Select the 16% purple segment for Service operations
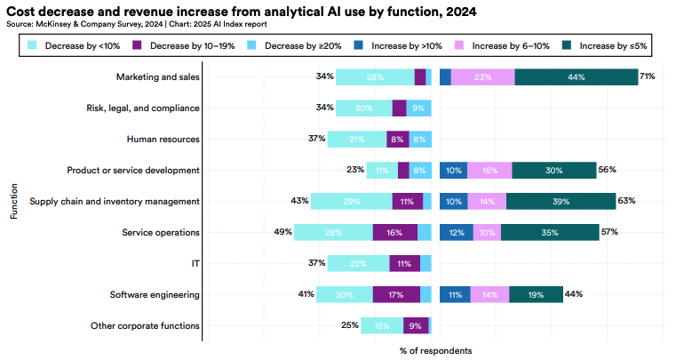[x=394, y=232]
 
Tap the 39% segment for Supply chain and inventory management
[x=561, y=201]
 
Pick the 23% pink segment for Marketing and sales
[x=482, y=77]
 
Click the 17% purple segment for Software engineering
[x=396, y=294]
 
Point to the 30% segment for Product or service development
[x=553, y=170]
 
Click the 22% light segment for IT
[x=358, y=263]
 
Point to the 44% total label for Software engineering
[x=573, y=294]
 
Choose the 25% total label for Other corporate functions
[x=350, y=325]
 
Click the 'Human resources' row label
[x=163, y=139]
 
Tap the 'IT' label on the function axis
[x=195, y=263]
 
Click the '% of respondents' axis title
[x=435, y=350]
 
